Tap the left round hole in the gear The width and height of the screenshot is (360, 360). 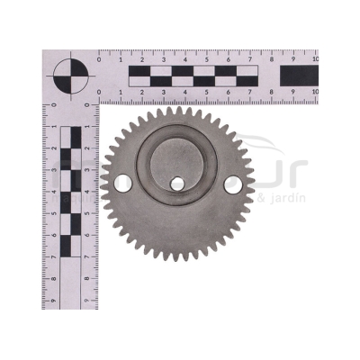(x=123, y=184)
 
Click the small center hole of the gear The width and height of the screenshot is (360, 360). (x=177, y=184)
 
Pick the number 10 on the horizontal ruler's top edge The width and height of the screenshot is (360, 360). (x=314, y=58)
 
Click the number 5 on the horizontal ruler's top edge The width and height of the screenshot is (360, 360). (x=206, y=58)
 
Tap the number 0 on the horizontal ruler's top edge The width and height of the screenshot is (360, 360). (x=98, y=58)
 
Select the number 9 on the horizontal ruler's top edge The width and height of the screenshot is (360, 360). (x=292, y=58)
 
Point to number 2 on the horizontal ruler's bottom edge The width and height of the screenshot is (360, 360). (x=141, y=92)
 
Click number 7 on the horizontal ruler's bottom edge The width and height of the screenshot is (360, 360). (x=249, y=92)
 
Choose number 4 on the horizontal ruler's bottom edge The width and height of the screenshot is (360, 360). (x=184, y=92)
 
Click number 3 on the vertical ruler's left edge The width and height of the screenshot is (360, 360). (x=52, y=169)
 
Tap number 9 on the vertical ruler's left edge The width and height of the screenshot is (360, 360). (x=52, y=299)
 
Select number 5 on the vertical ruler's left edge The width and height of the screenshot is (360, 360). (x=52, y=212)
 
